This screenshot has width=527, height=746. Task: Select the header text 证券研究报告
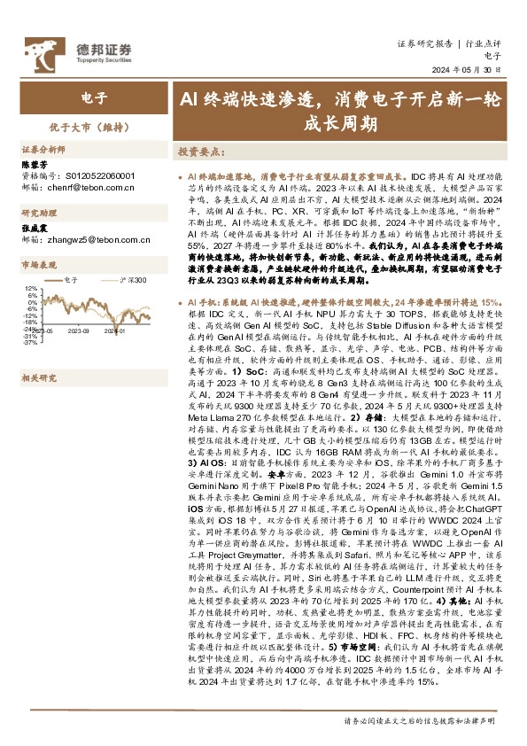pos(422,43)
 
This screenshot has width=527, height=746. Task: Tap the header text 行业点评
pos(484,43)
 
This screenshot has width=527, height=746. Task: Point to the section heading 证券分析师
pos(43,150)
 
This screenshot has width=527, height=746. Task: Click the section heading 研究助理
pos(38,214)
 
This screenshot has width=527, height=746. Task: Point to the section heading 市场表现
pos(38,265)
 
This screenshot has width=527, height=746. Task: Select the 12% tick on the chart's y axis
pos(31,289)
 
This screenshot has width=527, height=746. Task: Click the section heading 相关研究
pos(38,353)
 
